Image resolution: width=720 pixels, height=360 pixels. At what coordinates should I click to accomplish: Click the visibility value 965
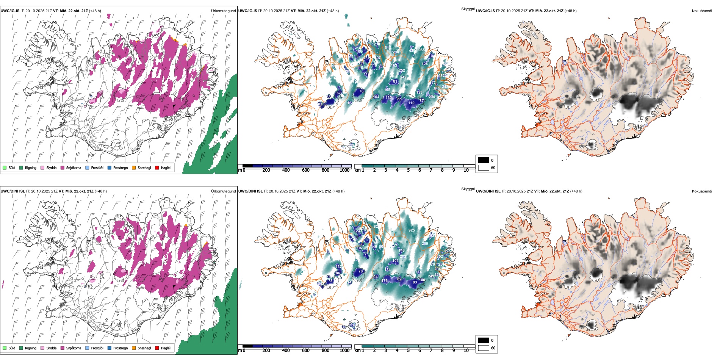click(x=421, y=50)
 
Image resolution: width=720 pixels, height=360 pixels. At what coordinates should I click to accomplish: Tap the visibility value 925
click(x=412, y=230)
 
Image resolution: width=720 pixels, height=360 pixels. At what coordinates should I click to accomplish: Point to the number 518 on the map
click(x=387, y=48)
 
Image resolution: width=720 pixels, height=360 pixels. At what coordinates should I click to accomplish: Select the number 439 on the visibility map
click(x=412, y=51)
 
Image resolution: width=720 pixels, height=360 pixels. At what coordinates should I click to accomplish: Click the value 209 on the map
click(x=425, y=243)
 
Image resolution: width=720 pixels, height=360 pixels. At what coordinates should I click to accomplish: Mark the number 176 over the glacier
click(x=385, y=280)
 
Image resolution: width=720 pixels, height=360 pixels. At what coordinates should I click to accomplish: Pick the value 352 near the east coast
click(x=440, y=257)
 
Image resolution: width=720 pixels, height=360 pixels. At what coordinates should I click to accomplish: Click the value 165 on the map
click(x=387, y=90)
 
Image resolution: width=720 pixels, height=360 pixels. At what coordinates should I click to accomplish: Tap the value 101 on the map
click(x=395, y=261)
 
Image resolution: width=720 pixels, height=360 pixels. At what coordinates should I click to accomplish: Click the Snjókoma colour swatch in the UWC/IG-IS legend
click(x=63, y=167)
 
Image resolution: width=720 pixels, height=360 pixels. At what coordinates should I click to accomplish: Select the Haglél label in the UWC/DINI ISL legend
click(x=166, y=348)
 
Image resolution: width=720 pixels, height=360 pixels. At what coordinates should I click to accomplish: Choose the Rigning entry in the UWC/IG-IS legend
click(x=31, y=167)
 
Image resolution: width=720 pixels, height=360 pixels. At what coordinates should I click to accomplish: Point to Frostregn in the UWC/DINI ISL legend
click(x=121, y=348)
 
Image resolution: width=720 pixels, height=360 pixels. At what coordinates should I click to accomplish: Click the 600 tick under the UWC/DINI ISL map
click(x=306, y=351)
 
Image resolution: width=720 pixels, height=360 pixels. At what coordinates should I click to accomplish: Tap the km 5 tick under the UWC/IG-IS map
click(x=408, y=170)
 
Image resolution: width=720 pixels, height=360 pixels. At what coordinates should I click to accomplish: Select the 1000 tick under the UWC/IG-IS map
click(x=344, y=170)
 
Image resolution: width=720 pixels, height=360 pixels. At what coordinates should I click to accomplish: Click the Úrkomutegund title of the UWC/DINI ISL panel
click(x=223, y=191)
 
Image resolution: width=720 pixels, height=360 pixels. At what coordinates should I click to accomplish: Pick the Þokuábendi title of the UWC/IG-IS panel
click(x=702, y=11)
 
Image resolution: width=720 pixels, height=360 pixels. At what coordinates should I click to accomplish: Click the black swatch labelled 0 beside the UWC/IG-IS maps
click(x=484, y=160)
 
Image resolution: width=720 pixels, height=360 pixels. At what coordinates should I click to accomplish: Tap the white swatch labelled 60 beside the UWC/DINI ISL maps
click(x=484, y=347)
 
